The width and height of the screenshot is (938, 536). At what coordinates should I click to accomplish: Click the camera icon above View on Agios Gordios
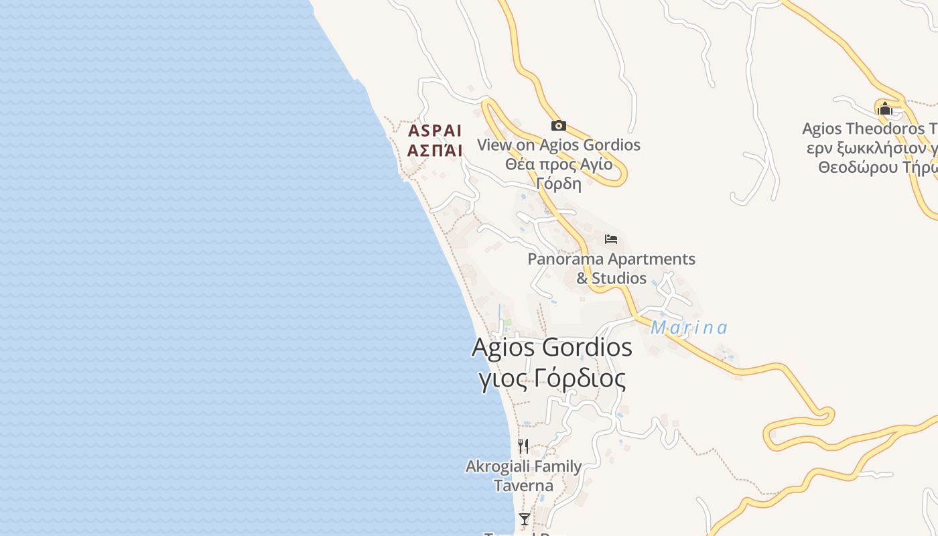(558, 125)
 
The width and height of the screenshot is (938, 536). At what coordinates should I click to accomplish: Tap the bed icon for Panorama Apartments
(610, 239)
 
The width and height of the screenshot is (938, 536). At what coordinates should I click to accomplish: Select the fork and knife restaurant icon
(523, 446)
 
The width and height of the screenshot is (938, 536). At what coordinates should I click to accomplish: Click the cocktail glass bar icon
(524, 519)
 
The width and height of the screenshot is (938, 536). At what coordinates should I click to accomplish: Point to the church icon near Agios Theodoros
(884, 108)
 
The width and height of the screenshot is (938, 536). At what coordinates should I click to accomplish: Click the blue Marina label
(689, 328)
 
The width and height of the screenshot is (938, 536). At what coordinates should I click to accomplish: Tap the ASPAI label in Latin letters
(435, 131)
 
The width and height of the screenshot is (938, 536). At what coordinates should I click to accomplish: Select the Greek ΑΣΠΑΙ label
(435, 151)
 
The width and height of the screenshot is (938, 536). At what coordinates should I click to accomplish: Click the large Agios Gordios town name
(551, 347)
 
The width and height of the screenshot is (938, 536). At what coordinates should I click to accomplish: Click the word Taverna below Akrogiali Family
(523, 486)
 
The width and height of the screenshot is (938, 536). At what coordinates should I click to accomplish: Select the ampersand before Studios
(582, 278)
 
